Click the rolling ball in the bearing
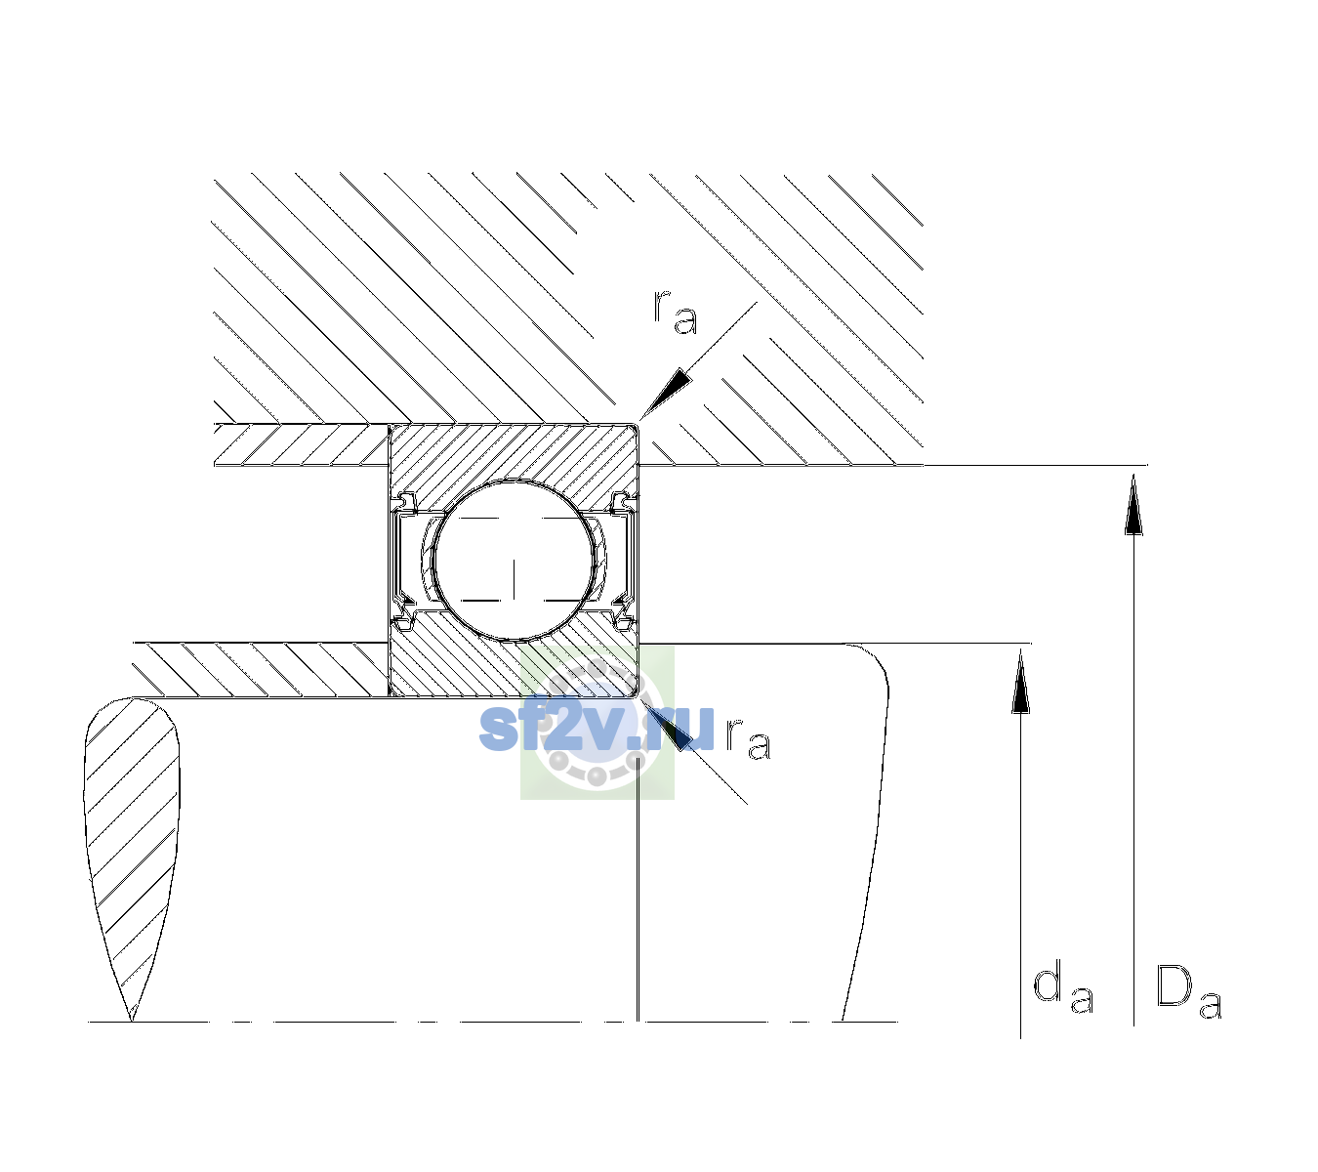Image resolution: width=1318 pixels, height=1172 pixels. coord(514,561)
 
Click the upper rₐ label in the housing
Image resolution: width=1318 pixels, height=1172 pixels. coord(675,313)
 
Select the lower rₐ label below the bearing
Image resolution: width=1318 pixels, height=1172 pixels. coord(748,738)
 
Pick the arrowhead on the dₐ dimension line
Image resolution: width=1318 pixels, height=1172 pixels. coord(1020,681)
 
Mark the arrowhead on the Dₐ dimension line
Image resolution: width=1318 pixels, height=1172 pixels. coord(1133,505)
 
